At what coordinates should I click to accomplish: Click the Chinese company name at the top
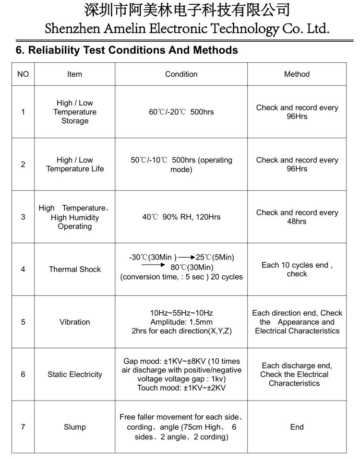point(187,10)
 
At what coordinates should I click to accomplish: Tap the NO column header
point(23,74)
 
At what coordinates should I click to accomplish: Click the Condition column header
point(181,74)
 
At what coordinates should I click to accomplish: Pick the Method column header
point(297,74)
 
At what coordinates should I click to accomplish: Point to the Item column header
point(74,74)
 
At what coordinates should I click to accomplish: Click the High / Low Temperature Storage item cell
point(74,112)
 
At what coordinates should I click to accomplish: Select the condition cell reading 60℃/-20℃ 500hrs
point(181,112)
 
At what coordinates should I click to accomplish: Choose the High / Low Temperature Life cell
point(74,165)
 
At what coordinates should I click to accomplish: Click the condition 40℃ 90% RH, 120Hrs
point(181,217)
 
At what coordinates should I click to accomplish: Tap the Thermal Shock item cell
point(74,270)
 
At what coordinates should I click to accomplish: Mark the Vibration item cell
point(74,322)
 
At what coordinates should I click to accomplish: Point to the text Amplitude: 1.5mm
point(181,322)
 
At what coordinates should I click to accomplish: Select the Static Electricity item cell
point(74,375)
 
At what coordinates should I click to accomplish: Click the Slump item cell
point(74,427)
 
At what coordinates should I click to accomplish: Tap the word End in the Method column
point(297,427)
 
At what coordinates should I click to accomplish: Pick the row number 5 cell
point(23,322)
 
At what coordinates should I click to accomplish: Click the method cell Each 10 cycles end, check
point(297,270)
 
